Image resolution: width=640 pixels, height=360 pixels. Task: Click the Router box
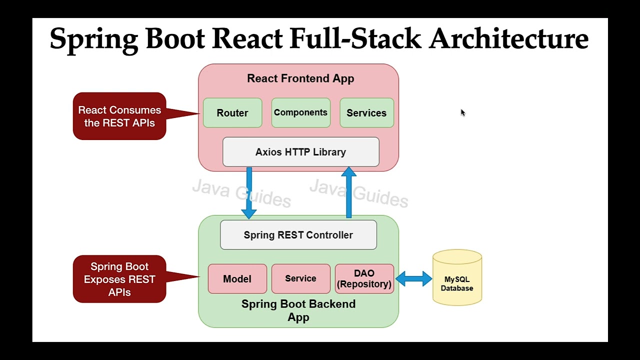coord(232,113)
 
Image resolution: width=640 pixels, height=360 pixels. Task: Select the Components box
coord(300,113)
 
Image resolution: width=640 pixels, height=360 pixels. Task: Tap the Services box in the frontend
coord(366,113)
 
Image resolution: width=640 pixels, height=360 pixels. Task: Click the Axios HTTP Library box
coord(300,152)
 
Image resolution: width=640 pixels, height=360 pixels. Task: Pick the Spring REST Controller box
coord(298,235)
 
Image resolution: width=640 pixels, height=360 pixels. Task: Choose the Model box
coord(237,279)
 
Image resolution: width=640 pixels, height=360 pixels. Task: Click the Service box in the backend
coord(300,279)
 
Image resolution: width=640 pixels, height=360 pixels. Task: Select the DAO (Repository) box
coord(364,279)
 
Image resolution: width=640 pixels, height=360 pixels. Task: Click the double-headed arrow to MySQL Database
coord(413,278)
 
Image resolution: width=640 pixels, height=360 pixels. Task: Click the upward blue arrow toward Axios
coord(348,192)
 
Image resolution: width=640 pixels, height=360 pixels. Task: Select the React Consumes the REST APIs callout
coord(119,116)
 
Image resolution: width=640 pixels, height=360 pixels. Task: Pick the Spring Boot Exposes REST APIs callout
coord(119,279)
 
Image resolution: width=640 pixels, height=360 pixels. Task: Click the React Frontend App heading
coord(300,78)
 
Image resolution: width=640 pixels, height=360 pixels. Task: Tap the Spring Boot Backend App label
coord(298,310)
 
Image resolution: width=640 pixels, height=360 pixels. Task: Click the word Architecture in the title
coord(508,38)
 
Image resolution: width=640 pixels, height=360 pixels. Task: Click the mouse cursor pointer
coord(462,113)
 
